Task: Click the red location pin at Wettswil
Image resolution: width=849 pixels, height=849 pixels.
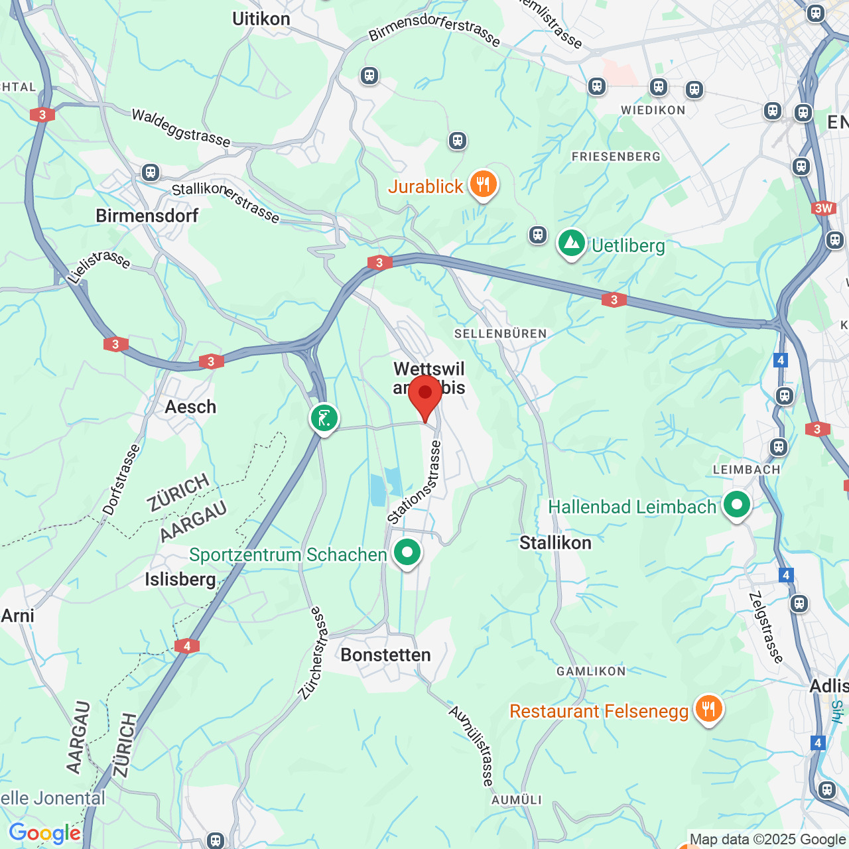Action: (425, 395)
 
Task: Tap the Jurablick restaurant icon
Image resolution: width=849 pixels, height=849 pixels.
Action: (484, 185)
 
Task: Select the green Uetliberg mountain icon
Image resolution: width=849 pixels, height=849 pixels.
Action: (572, 243)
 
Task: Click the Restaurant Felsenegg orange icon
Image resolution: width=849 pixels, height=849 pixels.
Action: (709, 709)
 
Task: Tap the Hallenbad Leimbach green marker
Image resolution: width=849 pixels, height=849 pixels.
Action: (737, 505)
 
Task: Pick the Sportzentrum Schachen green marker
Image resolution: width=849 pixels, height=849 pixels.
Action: (407, 553)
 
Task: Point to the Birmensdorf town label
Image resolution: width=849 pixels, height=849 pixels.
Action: (147, 216)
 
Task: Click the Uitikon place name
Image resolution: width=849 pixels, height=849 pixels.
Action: (261, 19)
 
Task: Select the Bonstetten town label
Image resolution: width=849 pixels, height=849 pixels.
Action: (385, 655)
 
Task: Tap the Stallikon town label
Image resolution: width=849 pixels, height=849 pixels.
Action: (555, 543)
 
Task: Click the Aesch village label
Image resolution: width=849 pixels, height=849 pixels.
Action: (190, 407)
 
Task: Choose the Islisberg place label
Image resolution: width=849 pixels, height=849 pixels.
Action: (180, 579)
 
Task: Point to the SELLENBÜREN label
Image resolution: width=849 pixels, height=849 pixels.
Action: (501, 334)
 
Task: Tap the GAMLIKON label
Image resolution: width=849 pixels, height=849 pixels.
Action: (591, 671)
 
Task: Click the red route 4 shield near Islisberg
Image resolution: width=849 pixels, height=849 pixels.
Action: (187, 646)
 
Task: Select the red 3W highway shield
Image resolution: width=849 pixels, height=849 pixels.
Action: (823, 208)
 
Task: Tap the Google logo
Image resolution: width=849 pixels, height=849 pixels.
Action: (44, 833)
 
